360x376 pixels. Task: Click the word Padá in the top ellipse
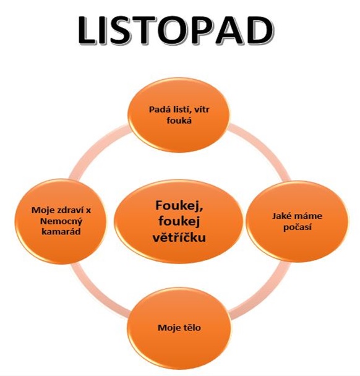tap(158, 109)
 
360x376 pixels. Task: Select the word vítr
tap(202, 109)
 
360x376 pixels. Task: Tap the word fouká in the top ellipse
tap(179, 120)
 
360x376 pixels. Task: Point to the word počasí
tap(298, 227)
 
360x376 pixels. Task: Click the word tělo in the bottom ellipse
tap(191, 328)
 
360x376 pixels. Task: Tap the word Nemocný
tap(61, 221)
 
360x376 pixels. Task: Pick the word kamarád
tap(61, 232)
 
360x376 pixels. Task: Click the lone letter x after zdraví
tap(88, 211)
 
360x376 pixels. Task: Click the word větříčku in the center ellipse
tap(179, 237)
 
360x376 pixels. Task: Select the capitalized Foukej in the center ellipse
tap(179, 206)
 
